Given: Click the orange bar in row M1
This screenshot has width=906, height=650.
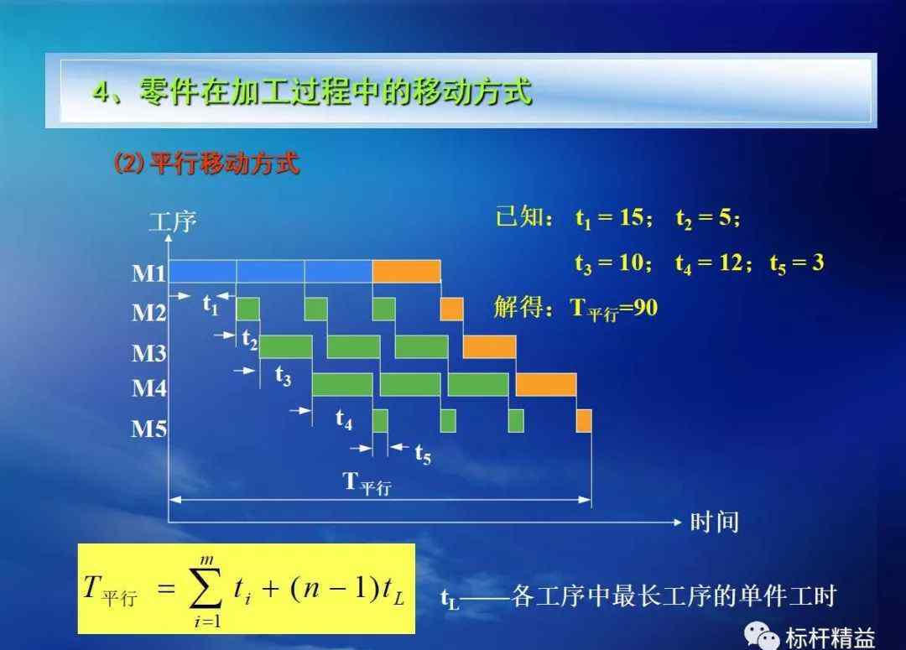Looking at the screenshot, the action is pos(406,272).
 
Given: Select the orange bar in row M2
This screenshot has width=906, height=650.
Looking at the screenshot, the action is pos(451,309).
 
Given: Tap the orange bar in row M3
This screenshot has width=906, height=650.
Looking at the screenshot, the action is pos(489,346).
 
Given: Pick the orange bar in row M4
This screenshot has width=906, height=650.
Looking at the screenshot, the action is pos(546,385).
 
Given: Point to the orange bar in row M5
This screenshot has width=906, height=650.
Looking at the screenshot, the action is pos(584,421).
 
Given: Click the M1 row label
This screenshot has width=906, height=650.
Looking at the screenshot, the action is pos(149,273).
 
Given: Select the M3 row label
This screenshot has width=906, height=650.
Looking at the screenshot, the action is pos(149,353).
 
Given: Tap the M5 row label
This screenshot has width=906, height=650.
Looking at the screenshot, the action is pos(149,429).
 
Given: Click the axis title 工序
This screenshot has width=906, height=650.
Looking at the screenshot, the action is pos(173,222).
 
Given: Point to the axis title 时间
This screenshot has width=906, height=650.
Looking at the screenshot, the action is pos(715,523).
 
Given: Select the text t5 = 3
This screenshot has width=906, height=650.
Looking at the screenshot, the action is pos(797,263).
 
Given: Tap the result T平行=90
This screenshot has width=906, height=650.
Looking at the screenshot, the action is pos(613,309).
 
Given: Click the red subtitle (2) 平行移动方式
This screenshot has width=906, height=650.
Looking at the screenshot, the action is pos(206,164).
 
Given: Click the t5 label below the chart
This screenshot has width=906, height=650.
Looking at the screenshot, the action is pos(423,454).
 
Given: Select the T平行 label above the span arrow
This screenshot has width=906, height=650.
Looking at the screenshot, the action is pos(367,483).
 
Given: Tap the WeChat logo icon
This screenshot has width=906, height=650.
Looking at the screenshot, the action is pos(761,636).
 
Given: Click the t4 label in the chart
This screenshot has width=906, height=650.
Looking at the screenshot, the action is pos(344,419).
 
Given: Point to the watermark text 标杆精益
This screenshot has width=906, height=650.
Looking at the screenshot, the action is pos(830,638).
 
